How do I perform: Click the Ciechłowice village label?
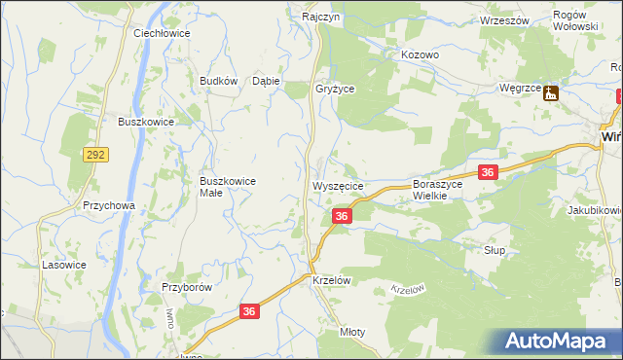(x=162, y=32)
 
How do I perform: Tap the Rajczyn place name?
(x=320, y=18)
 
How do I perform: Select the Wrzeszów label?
(x=502, y=20)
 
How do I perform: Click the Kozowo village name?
(x=421, y=55)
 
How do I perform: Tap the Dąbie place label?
(x=266, y=82)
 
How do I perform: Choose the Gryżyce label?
(x=335, y=88)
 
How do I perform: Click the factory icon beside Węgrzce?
(x=552, y=93)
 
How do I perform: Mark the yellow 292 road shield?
(x=96, y=154)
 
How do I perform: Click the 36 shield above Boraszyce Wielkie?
(x=489, y=172)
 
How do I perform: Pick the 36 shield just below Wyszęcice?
(x=341, y=216)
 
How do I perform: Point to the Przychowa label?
(x=108, y=206)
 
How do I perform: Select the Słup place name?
(x=495, y=250)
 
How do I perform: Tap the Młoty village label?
(x=352, y=332)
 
